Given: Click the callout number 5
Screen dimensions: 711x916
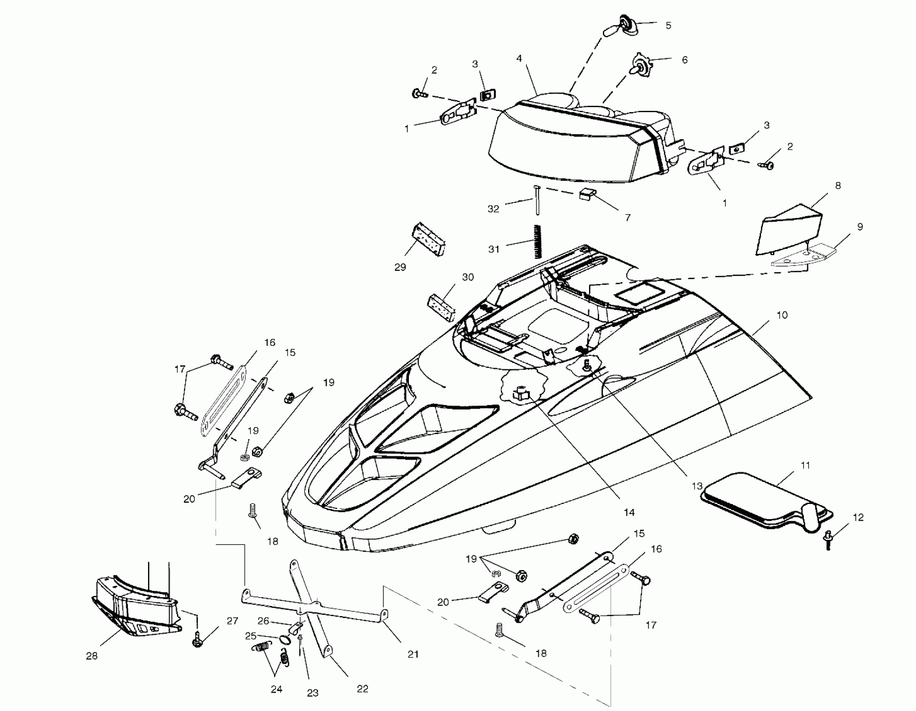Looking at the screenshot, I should (x=669, y=26).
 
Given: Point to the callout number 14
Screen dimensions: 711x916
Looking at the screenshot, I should (x=629, y=512).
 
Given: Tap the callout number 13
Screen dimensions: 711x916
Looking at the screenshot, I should (x=697, y=486).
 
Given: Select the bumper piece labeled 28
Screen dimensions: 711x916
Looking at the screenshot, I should (x=134, y=604).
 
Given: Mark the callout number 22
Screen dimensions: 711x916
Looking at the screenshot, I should (x=362, y=689).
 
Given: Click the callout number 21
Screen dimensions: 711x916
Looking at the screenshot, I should (x=413, y=654).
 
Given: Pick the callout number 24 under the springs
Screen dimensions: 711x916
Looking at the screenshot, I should (x=276, y=689).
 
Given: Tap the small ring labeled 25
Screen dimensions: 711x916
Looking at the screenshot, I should (x=285, y=639).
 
